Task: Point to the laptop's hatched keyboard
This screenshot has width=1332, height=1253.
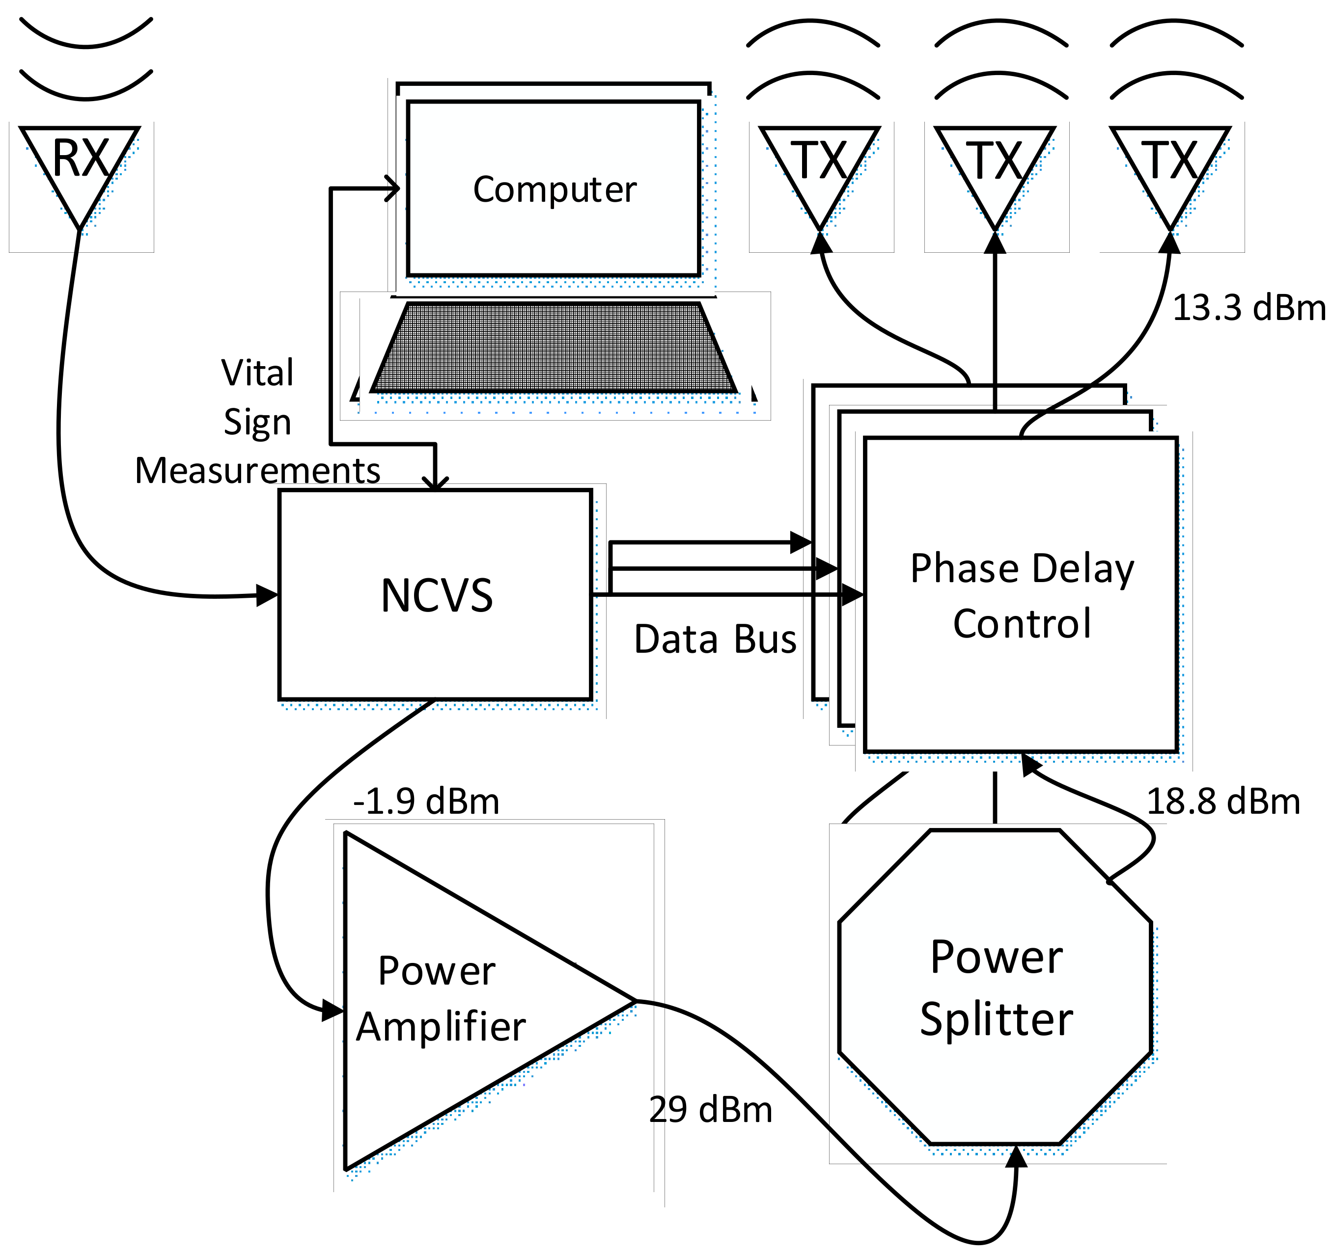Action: pos(554,347)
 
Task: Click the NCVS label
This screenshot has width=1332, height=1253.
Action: pos(436,595)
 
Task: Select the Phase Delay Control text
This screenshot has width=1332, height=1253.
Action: pos(1022,595)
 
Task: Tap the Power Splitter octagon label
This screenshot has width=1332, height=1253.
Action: pos(997,988)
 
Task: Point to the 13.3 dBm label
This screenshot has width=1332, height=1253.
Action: pos(1248,309)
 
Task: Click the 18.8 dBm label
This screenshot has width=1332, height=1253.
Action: pos(1223,801)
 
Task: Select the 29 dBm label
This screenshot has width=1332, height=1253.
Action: pos(710,1110)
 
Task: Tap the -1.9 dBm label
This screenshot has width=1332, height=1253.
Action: pos(426,801)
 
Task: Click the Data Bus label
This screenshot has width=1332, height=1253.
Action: pos(715,639)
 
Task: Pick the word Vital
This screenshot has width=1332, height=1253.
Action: pos(257,373)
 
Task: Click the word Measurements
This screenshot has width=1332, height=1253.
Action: pos(257,471)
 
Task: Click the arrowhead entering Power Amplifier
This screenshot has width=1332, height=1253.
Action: pos(333,1010)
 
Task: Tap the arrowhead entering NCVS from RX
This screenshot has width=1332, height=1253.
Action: pos(267,595)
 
